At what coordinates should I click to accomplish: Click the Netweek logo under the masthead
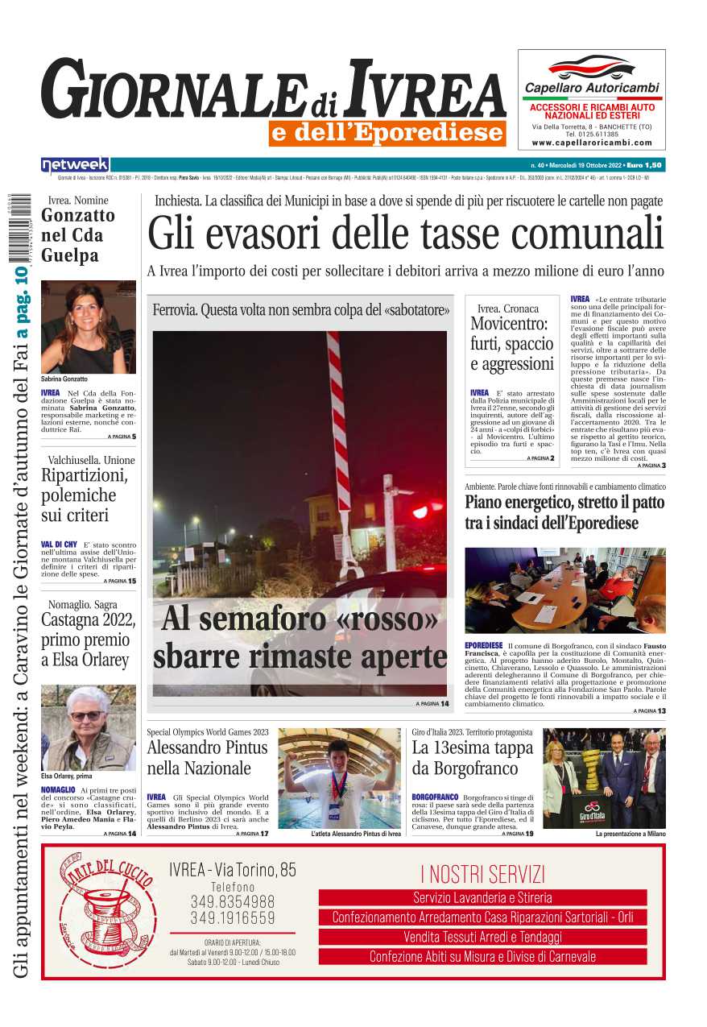point(75,165)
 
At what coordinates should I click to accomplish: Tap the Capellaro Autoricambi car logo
point(591,66)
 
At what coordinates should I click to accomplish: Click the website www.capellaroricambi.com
point(592,143)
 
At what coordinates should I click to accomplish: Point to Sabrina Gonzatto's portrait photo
point(88,326)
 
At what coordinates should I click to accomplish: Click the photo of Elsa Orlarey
point(88,728)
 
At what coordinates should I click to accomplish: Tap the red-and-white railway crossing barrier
point(339,411)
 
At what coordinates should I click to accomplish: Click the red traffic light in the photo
point(419,511)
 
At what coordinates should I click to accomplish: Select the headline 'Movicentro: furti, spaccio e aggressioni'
point(512,344)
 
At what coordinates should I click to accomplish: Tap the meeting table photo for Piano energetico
point(564,590)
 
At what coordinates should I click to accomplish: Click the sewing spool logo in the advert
point(107,910)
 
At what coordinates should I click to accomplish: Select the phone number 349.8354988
point(232,902)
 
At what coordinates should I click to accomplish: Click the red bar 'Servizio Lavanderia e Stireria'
point(482,897)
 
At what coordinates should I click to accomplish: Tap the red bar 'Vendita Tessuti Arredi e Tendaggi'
point(482,937)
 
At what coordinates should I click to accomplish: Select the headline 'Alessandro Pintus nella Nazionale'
point(199,757)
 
